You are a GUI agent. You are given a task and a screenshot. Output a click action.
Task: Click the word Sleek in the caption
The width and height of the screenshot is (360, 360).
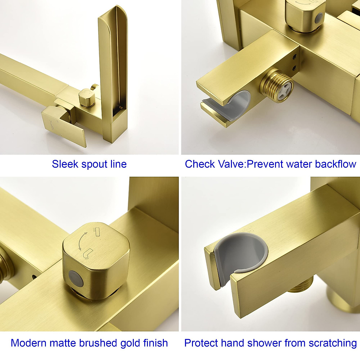pyautogui.click(x=65, y=164)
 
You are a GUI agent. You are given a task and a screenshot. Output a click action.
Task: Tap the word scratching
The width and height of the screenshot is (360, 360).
pyautogui.click(x=333, y=343)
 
